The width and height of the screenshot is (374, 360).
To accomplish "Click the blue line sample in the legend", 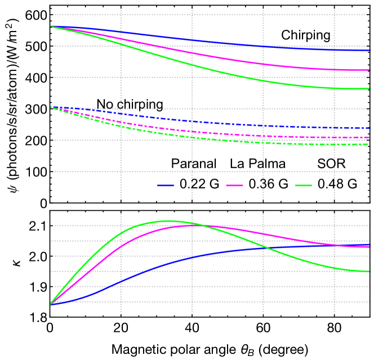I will click(166, 185).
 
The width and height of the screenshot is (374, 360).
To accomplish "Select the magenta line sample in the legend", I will click(234, 185).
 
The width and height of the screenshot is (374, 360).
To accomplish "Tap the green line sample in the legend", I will click(304, 185).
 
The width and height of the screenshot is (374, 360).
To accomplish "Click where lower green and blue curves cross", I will click(265, 247).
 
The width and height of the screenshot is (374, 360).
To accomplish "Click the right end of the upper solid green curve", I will click(369, 88).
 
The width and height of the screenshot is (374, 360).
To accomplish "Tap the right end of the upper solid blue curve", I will click(369, 51).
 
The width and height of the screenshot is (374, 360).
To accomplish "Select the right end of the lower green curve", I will click(369, 271).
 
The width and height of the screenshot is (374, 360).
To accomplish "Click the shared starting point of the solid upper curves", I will click(51, 26).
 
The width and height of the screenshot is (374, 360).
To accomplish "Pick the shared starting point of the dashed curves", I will click(51, 107).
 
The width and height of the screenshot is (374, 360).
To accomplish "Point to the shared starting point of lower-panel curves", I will click(51, 304).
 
